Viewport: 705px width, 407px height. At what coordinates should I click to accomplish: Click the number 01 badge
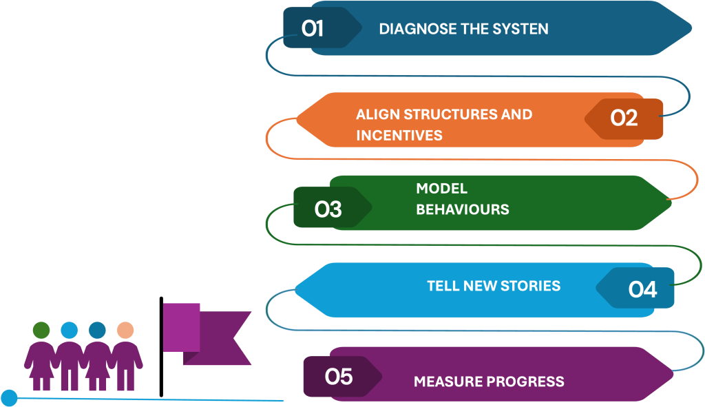point(313,29)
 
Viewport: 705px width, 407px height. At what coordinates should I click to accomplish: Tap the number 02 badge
point(624,118)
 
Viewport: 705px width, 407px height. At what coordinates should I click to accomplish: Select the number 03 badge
point(328,209)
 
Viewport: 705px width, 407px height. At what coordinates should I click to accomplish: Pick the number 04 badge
point(642,289)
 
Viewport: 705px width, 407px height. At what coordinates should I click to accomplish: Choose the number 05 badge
point(338,377)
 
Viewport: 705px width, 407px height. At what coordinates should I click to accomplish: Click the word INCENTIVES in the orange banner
point(399,135)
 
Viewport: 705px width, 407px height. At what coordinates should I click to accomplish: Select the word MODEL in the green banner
point(441,189)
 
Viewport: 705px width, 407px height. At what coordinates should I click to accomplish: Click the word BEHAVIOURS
point(463,209)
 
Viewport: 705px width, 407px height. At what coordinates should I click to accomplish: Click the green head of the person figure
point(41,331)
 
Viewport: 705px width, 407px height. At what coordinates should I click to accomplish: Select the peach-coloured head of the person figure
point(125,331)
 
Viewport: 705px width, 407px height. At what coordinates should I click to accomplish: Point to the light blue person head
point(69,331)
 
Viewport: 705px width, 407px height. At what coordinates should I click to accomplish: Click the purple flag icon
point(207,334)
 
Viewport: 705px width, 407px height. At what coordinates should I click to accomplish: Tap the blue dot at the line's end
point(9,397)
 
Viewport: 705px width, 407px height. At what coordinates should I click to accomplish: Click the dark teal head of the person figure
point(97,331)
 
